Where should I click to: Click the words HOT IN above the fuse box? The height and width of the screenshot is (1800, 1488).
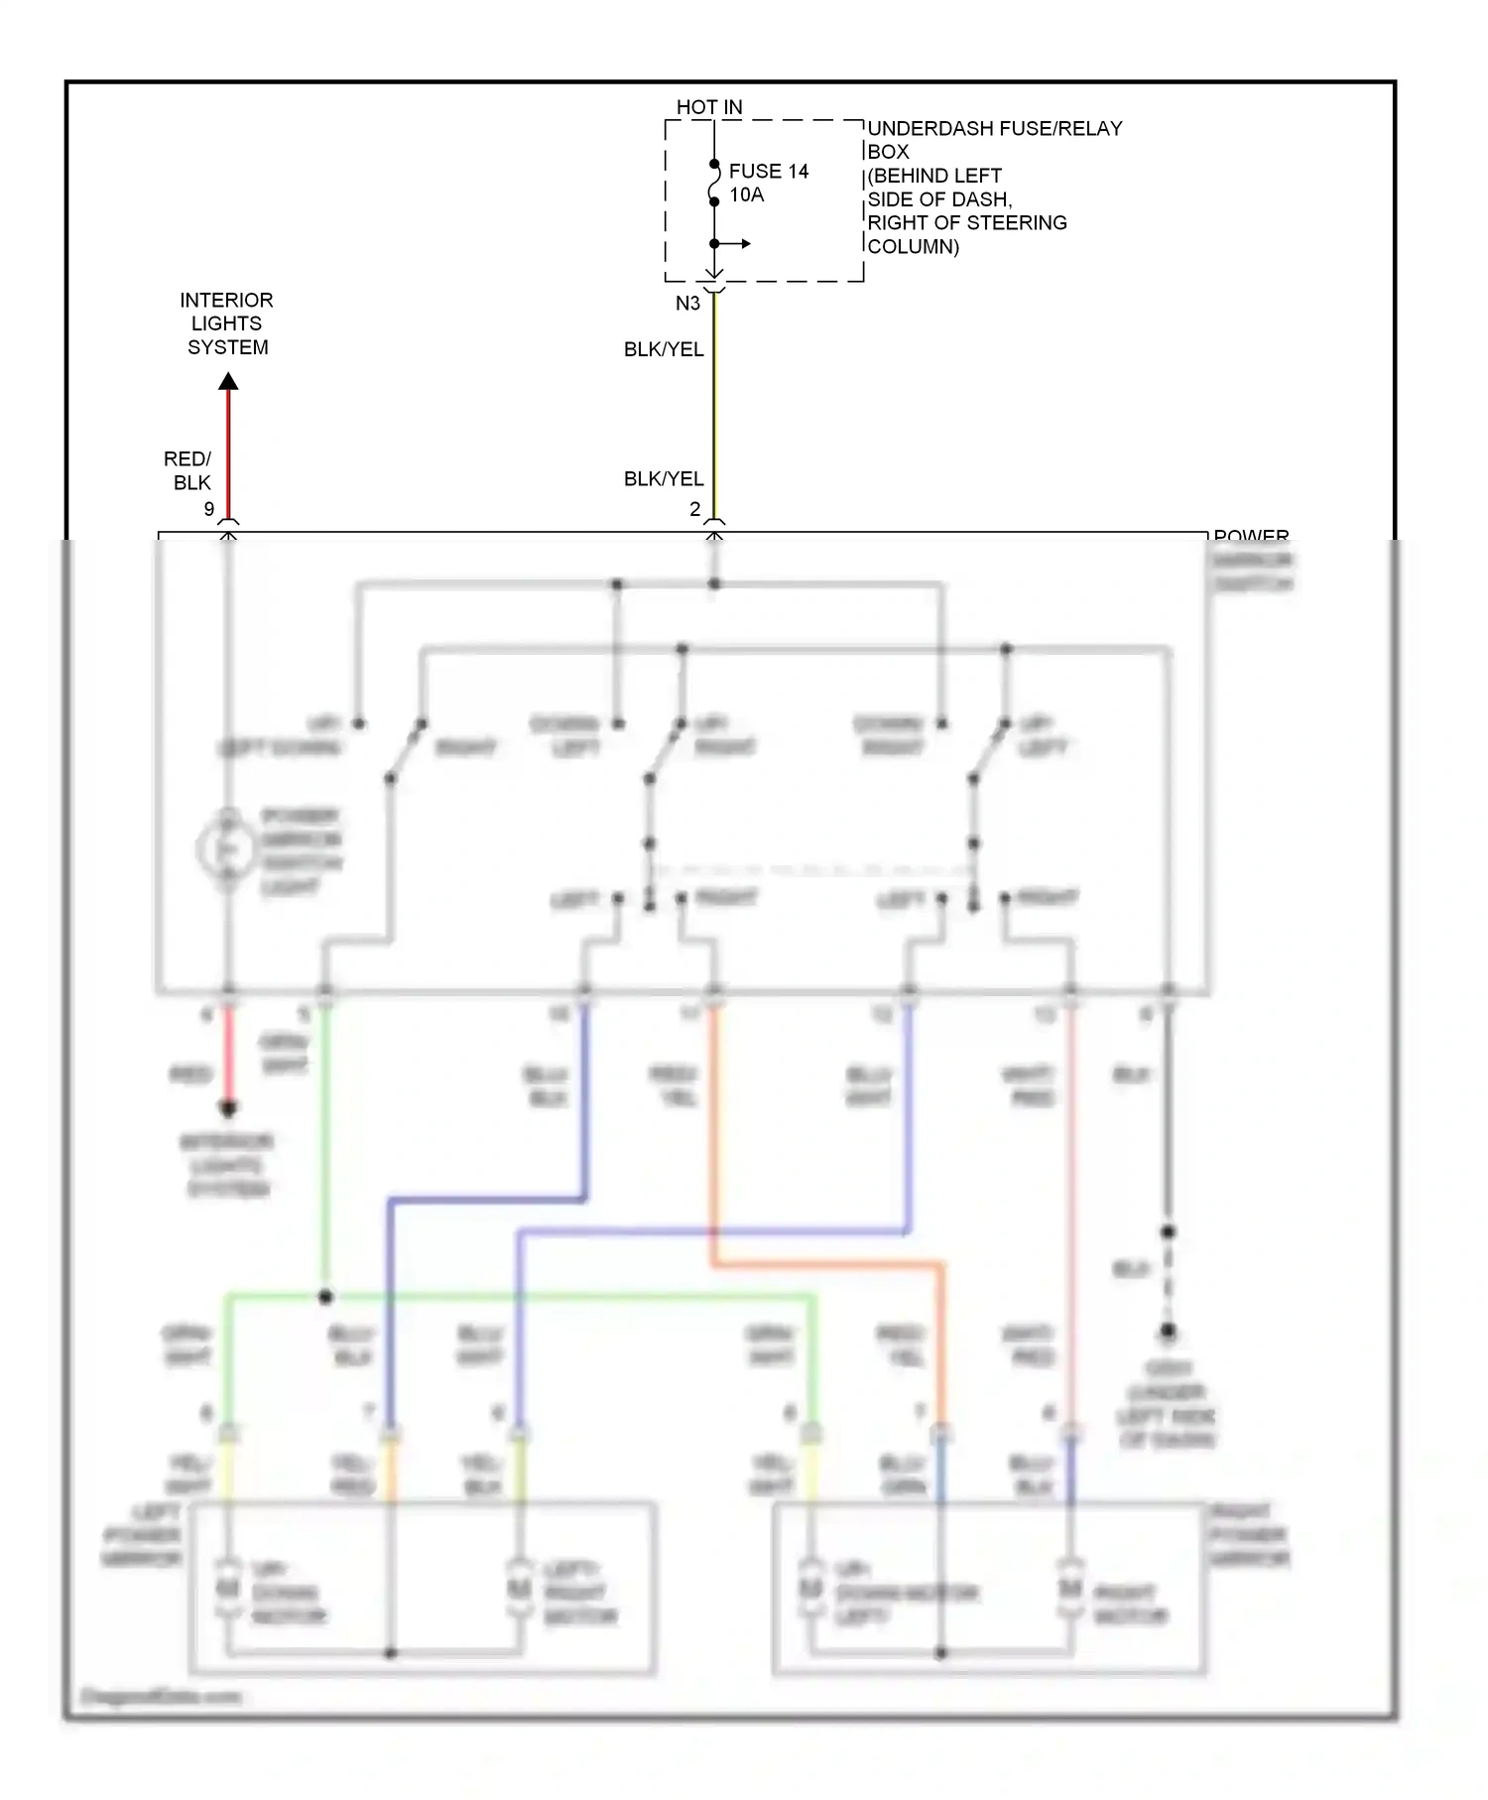(708, 107)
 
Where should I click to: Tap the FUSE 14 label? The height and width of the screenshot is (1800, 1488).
(768, 172)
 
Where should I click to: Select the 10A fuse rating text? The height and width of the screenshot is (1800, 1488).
(746, 195)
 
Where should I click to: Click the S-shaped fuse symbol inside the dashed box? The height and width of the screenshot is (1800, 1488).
(713, 184)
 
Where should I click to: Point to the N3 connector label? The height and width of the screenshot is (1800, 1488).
(687, 304)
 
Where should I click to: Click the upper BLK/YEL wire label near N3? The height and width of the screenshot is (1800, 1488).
(663, 349)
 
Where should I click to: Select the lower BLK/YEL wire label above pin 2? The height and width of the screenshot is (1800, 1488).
(663, 478)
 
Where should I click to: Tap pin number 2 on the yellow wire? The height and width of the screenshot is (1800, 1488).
(694, 509)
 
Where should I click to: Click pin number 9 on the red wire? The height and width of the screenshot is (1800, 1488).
(208, 509)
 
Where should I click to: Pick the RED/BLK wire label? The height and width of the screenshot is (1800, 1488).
(188, 470)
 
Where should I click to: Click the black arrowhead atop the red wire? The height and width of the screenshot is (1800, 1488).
(228, 381)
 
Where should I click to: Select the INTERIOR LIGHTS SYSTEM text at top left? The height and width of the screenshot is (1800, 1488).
(226, 323)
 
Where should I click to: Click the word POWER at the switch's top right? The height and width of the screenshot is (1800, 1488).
(1250, 536)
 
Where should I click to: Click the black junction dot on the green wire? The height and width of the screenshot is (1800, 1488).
(325, 1297)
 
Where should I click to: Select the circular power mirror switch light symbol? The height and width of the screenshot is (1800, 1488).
(225, 850)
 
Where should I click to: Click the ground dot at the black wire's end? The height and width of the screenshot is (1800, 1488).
(1168, 1332)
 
